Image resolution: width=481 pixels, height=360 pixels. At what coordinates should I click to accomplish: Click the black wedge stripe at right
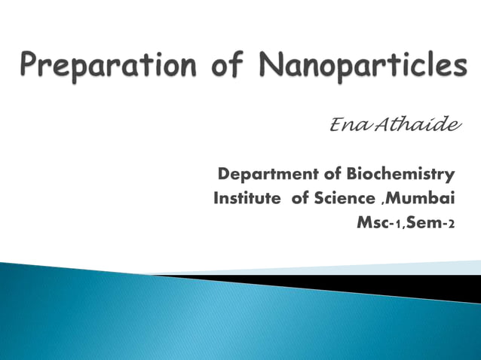[422, 285]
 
